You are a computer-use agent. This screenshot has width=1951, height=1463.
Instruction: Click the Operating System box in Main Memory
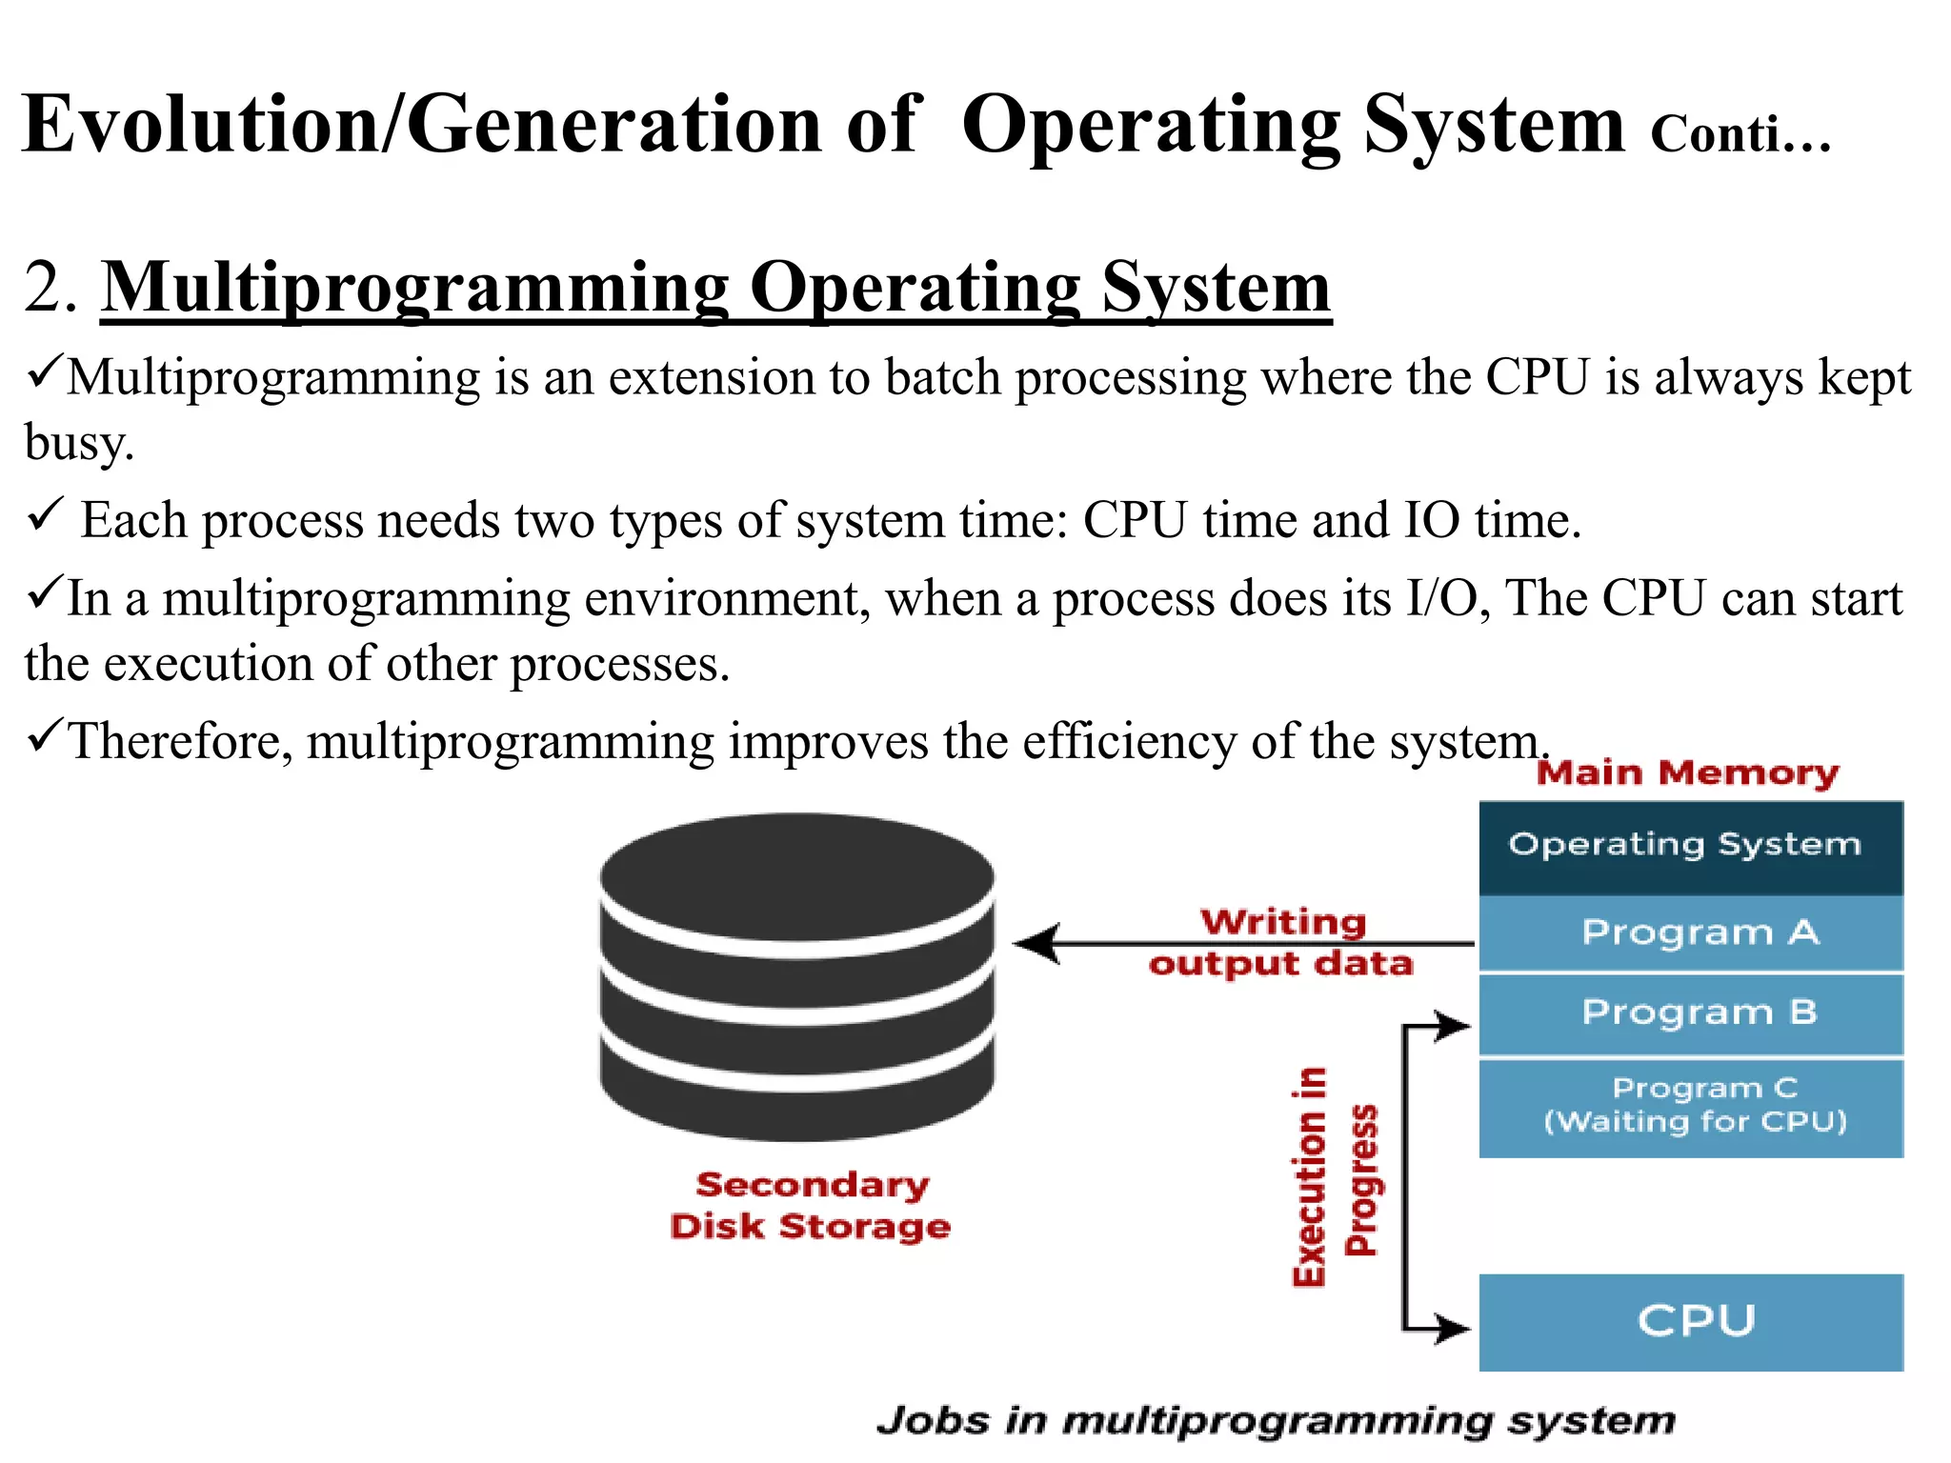(1690, 847)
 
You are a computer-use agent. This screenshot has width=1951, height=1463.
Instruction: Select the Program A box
(1690, 933)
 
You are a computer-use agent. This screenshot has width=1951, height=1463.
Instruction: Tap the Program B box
(1690, 1013)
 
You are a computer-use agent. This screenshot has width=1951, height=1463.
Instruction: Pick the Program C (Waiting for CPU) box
(1690, 1107)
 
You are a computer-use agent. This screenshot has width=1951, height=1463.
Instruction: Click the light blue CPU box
(1690, 1322)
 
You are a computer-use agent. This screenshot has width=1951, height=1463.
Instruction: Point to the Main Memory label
(1687, 772)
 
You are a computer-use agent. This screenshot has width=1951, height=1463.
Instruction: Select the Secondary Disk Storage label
(810, 1206)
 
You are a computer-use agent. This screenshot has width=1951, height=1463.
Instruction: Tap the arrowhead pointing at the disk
(1036, 944)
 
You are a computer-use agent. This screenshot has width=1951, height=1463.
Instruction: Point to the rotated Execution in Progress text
(1334, 1177)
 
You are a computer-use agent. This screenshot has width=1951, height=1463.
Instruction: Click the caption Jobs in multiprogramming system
(1275, 1420)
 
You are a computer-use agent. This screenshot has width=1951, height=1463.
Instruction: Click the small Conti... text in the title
(1740, 134)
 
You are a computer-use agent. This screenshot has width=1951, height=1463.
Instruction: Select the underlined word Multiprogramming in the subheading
(414, 288)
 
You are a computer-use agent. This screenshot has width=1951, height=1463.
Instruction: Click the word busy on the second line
(78, 443)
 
